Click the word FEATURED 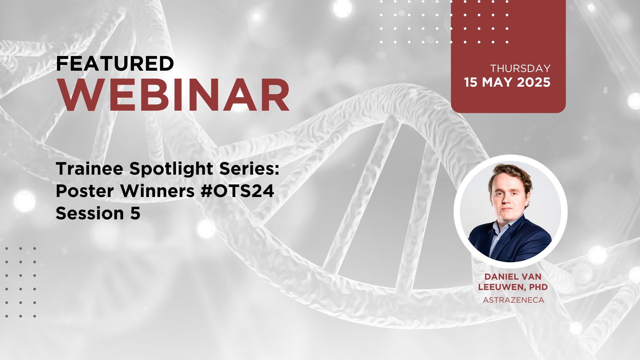115,64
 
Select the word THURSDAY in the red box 520,68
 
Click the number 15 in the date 471,82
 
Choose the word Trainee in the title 90,169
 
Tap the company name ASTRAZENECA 513,300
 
